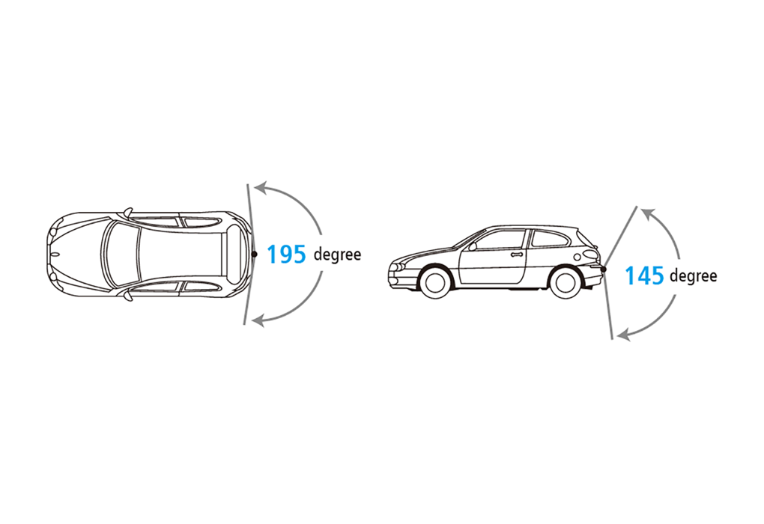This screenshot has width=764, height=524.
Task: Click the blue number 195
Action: coord(286,255)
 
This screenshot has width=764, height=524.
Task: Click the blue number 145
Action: coord(644,275)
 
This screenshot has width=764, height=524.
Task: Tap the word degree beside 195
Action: coord(337,255)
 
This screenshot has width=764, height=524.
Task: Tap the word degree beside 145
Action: coord(694,276)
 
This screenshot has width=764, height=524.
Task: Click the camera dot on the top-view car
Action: coord(254,255)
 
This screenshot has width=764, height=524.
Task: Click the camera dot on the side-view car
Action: coord(604,269)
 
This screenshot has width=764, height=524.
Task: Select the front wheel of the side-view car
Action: coord(434,281)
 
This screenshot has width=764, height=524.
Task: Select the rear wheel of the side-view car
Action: coord(566,281)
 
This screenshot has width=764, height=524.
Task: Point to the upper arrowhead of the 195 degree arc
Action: coord(261,188)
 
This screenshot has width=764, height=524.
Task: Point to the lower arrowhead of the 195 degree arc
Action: coord(258,320)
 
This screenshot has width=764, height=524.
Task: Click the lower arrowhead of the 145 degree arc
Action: coord(624,334)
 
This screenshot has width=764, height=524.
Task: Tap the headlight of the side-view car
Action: coord(398,268)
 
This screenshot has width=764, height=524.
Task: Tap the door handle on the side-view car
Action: coord(517,255)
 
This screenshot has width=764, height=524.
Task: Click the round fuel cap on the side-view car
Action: coord(577,257)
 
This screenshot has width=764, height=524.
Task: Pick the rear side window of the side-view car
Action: coord(549,238)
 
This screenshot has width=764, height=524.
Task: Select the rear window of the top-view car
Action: coord(234,255)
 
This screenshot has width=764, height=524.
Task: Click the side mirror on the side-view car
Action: coord(472,246)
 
